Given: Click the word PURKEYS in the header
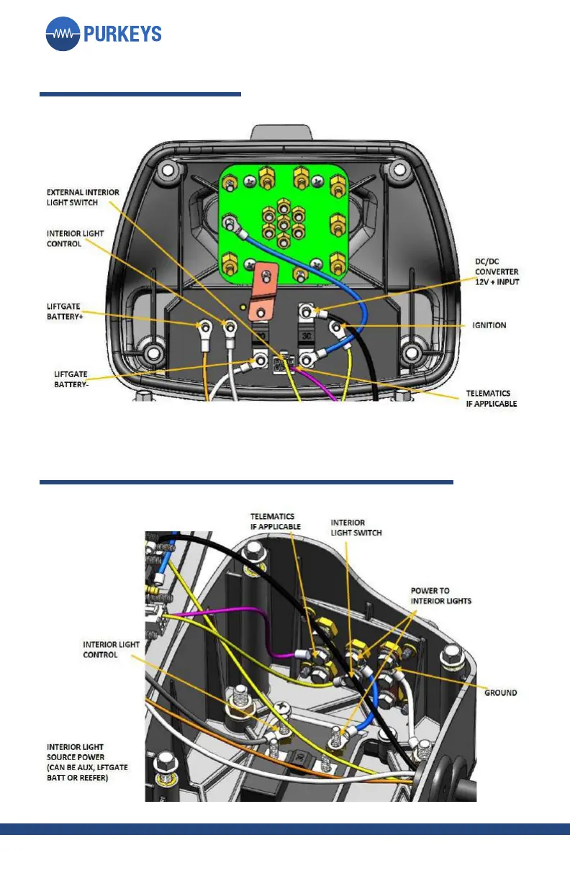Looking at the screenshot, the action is click(122, 34).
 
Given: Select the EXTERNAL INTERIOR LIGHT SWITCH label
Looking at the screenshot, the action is click(83, 198).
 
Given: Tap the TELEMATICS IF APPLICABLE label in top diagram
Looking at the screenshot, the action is click(491, 399).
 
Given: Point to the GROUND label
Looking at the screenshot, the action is click(500, 692).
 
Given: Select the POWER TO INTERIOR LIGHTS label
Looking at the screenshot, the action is click(440, 595).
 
